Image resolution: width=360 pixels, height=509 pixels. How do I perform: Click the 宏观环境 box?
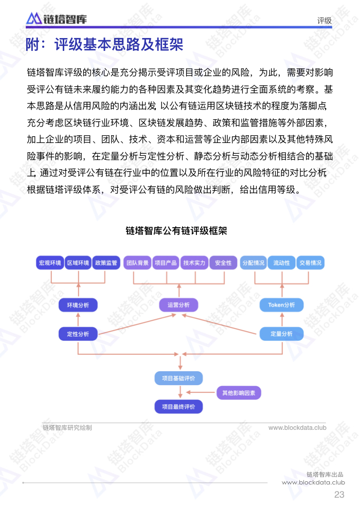[x=50, y=263]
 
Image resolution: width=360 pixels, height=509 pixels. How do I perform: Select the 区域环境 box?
[x=78, y=263]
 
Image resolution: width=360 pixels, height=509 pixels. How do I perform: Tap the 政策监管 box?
[x=106, y=263]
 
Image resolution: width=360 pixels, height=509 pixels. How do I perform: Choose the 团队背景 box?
[x=137, y=263]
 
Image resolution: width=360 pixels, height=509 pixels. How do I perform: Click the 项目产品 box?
[x=166, y=263]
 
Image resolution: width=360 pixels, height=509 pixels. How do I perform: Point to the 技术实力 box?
[x=194, y=263]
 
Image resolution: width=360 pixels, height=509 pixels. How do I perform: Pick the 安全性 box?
[x=223, y=263]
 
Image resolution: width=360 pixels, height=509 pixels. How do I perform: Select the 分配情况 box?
[x=253, y=263]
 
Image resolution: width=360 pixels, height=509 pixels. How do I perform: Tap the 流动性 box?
[x=281, y=263]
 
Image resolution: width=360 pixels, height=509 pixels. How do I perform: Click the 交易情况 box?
[x=310, y=263]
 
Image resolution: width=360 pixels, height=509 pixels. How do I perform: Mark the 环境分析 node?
[x=78, y=305]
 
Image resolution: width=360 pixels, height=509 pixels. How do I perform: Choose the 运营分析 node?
[x=178, y=305]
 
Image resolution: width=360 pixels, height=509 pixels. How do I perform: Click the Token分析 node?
[x=281, y=305]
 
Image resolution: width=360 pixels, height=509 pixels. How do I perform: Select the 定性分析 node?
[x=78, y=334]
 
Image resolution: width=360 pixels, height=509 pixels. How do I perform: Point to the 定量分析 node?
[x=281, y=334]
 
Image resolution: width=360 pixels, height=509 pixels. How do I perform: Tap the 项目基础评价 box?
[x=178, y=378]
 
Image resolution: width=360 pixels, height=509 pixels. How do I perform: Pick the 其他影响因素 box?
[x=239, y=393]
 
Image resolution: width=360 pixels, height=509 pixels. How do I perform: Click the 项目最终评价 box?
[x=178, y=406]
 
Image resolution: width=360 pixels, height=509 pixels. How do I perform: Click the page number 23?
[x=339, y=495]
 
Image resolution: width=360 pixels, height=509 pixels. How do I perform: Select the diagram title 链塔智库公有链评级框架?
[x=176, y=231]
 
